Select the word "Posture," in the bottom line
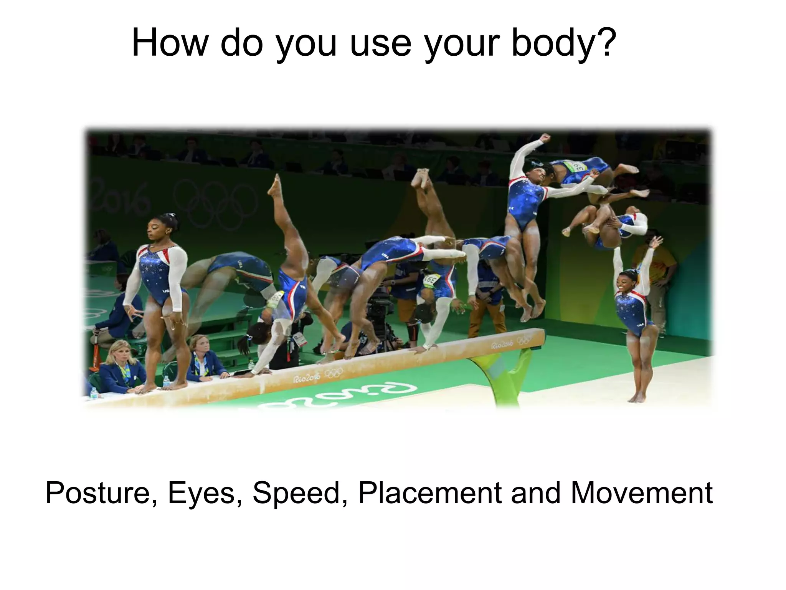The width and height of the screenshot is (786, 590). [101, 493]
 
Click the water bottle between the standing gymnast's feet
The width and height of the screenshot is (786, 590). [166, 381]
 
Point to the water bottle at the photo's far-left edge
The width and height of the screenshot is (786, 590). [93, 393]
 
